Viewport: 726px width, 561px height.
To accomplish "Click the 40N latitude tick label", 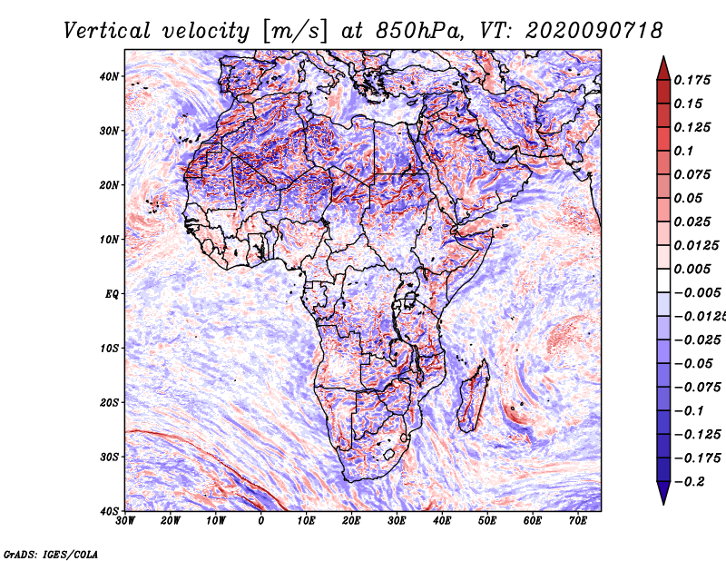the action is [x=109, y=76].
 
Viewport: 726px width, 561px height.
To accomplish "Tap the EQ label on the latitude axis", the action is [x=112, y=294].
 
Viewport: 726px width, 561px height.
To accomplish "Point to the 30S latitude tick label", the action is [x=109, y=457].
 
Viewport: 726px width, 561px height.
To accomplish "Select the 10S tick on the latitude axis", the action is [x=109, y=348].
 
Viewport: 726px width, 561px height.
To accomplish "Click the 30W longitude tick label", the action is [x=125, y=521].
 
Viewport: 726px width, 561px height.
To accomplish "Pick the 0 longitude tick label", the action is [x=261, y=521].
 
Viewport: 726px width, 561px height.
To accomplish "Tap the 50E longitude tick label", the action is [x=487, y=521].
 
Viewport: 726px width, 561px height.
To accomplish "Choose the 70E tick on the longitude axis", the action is [x=578, y=521].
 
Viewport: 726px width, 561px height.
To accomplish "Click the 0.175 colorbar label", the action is [x=692, y=80].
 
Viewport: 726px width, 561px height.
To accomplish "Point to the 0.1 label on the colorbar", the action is [x=683, y=151].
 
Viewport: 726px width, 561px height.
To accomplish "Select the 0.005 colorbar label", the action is [x=692, y=269].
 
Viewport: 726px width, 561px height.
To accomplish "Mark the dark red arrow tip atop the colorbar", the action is [x=663, y=57].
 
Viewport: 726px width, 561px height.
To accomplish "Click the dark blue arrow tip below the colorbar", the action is [x=663, y=504].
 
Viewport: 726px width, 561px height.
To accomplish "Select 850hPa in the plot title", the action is [x=419, y=31].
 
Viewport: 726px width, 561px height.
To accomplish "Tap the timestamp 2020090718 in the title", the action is [x=594, y=31].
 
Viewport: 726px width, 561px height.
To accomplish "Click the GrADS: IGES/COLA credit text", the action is [x=51, y=554].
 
